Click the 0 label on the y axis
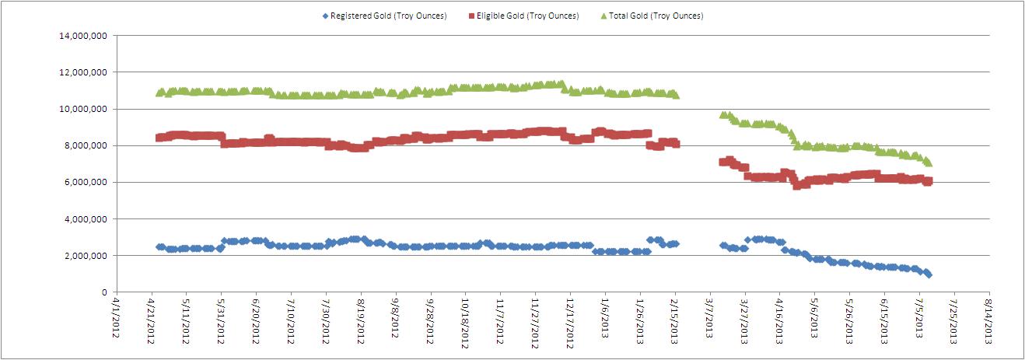point(103,292)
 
